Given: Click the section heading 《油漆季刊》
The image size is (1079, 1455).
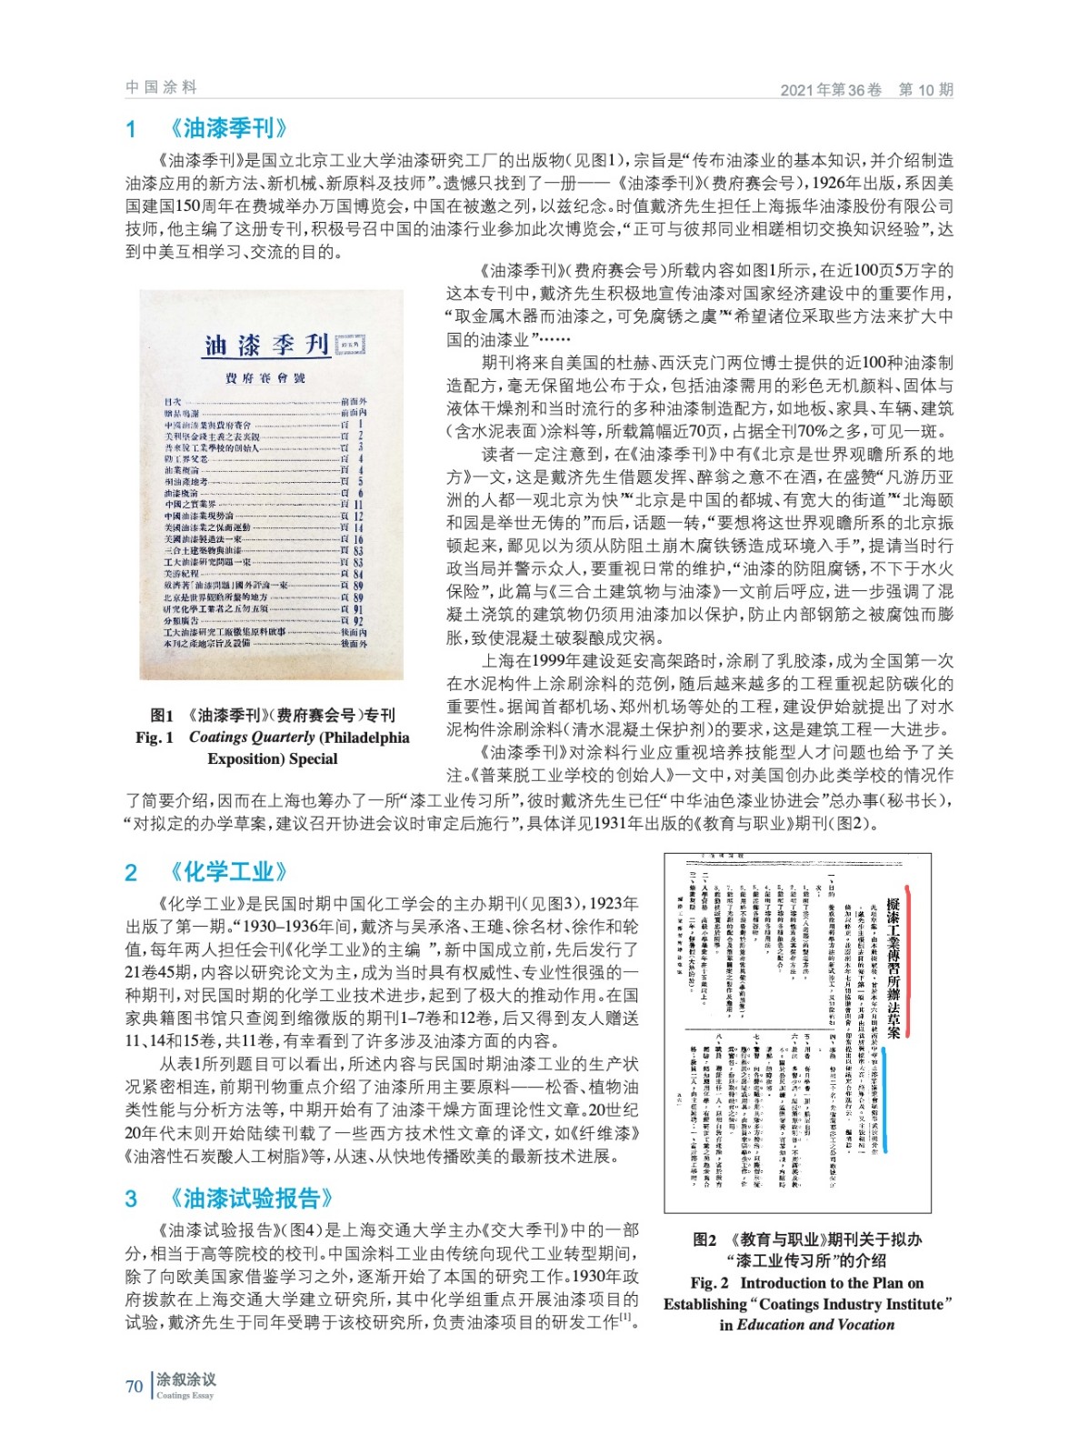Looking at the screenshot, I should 229,128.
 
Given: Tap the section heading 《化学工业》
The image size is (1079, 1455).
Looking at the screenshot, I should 229,872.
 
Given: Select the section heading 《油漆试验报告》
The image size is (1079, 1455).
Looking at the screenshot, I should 251,1198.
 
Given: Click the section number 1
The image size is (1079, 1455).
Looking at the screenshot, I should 132,129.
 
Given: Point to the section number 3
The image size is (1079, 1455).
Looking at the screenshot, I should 132,1199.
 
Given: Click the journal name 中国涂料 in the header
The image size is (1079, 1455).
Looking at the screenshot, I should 161,87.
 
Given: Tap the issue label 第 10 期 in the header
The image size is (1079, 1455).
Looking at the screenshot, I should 925,89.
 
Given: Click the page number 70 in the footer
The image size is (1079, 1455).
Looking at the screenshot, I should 134,1386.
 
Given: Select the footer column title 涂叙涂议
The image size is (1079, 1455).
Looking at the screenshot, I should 186,1380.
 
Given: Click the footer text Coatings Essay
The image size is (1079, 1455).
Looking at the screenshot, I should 185,1395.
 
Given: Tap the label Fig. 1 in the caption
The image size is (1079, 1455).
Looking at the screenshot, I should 154,738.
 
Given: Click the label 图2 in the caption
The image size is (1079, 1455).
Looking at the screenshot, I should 705,1239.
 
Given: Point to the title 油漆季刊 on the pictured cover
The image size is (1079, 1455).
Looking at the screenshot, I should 266,346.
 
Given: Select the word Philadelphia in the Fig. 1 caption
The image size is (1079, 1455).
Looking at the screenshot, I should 366,738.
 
